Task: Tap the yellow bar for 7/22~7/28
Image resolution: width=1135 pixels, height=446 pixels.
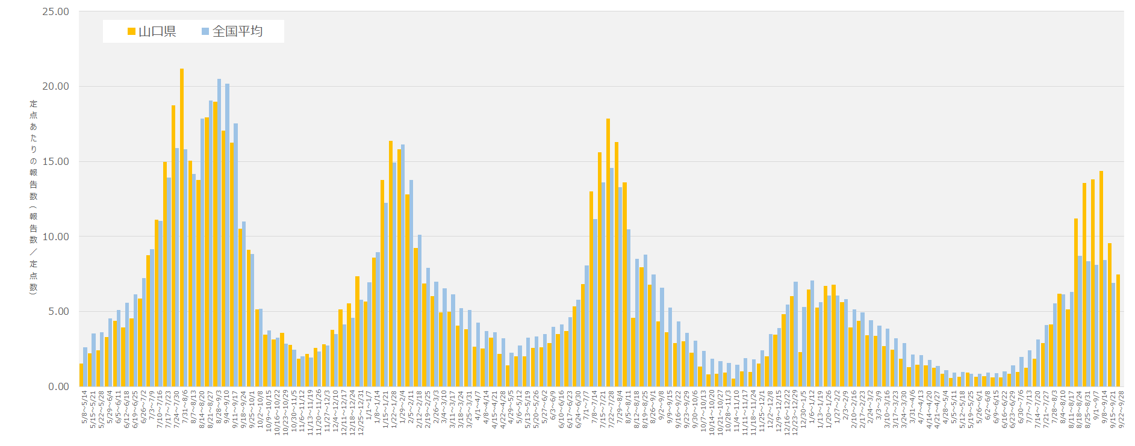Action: click(x=608, y=253)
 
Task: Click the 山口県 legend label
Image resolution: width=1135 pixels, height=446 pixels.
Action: click(x=157, y=31)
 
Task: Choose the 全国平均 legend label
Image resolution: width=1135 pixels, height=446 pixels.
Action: click(x=237, y=31)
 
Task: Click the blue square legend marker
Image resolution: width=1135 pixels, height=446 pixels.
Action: click(x=205, y=31)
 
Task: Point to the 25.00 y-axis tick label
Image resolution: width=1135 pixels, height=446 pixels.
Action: click(x=55, y=11)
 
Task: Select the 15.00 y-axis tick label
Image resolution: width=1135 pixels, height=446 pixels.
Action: click(x=55, y=161)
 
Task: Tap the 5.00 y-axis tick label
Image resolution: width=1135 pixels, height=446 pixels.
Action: click(x=58, y=311)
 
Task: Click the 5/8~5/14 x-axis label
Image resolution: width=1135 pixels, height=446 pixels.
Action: click(x=85, y=408)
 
